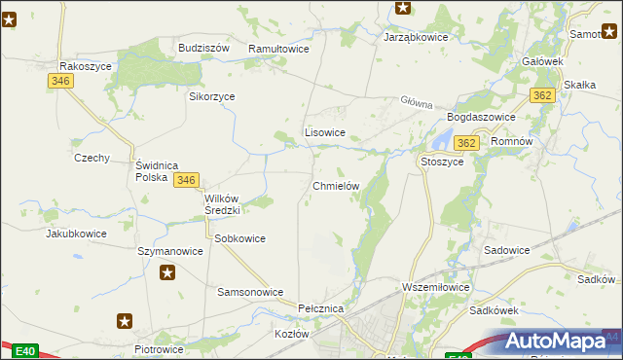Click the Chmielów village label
pos(336,186)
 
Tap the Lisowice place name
pos(325,131)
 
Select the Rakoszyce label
pos(86,66)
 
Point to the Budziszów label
pos(203,47)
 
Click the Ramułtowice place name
pos(278,48)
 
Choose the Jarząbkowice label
pos(416,37)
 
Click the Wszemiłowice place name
pos(436,287)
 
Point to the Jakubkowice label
pos(76,234)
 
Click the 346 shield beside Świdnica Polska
pos(187,180)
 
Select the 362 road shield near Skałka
pos(543,94)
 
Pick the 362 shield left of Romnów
pos(467,143)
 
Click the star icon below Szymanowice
pos(168,272)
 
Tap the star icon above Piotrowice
pos(125,320)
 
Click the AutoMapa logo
pos(560,341)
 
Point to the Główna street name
pos(415,101)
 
